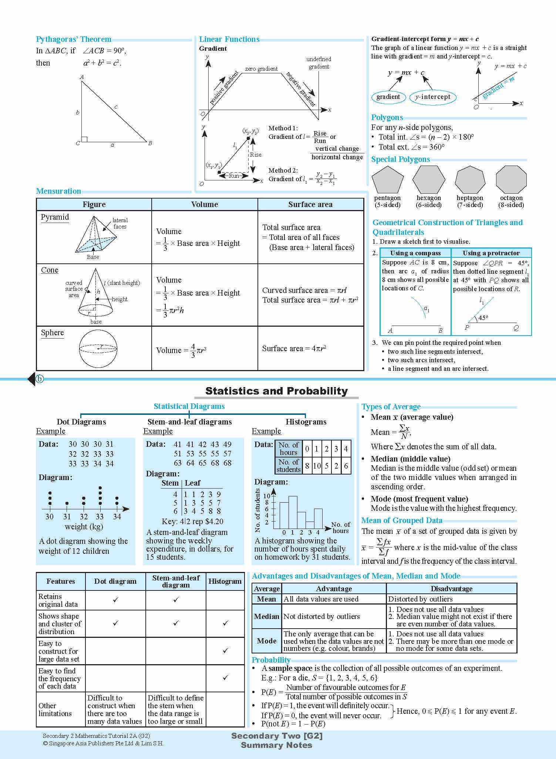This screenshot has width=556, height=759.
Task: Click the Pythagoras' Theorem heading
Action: coord(74,39)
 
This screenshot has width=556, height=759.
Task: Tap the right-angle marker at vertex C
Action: coord(84,139)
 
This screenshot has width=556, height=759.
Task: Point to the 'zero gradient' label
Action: coord(261,69)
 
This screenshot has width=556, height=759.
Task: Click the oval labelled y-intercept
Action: coord(432,97)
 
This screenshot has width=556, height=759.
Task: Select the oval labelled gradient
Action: coord(388,97)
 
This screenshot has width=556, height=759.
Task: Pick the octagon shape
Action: coord(511,180)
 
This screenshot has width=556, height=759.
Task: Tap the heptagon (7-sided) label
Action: coord(470,202)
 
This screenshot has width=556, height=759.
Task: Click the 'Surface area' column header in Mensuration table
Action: coord(310,204)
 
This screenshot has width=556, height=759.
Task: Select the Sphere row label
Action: coord(52,333)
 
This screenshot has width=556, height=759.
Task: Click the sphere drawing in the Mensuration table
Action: coord(98,349)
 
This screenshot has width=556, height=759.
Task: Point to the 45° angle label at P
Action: coord(483,318)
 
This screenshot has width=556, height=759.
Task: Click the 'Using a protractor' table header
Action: coord(491,253)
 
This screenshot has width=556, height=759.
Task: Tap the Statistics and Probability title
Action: coord(276,391)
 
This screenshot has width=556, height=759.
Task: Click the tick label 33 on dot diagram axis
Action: coord(100,517)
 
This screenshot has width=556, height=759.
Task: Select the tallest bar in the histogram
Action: coord(293,512)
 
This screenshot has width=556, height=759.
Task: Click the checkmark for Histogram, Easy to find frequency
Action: coord(225,678)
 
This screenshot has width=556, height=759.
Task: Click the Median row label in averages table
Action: coord(266,616)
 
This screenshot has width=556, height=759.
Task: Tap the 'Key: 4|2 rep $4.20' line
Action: coord(192,522)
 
